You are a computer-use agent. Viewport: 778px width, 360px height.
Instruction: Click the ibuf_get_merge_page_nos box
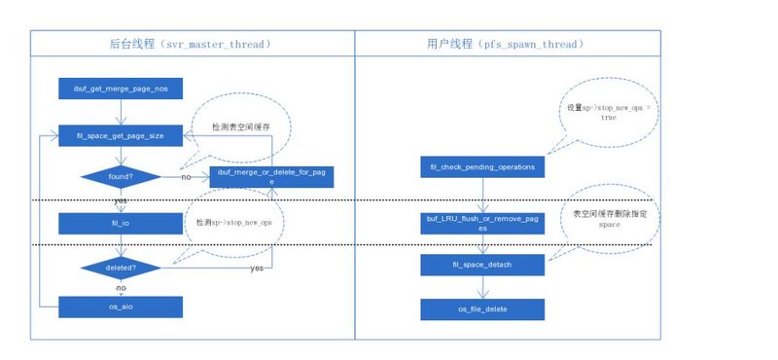click(x=120, y=90)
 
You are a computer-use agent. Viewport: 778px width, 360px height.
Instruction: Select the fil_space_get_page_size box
click(x=120, y=135)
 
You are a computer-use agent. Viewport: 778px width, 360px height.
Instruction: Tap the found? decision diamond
click(x=120, y=177)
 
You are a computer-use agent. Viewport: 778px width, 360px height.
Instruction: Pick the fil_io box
click(x=120, y=223)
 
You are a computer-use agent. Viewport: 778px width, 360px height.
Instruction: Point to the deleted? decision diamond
click(x=120, y=266)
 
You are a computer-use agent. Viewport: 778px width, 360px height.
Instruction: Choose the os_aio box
click(x=120, y=306)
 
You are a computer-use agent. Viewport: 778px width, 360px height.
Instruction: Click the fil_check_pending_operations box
click(x=482, y=167)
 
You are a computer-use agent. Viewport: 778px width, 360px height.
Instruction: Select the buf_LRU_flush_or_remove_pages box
click(x=482, y=223)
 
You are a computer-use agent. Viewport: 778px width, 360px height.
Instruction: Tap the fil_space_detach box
click(x=482, y=265)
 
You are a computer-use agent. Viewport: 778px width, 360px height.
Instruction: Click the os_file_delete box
click(x=482, y=308)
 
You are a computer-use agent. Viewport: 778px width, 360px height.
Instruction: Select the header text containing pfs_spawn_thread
click(x=506, y=44)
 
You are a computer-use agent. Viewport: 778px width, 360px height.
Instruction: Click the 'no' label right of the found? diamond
click(x=185, y=178)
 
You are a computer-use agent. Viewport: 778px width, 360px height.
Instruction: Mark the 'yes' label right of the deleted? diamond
click(x=257, y=267)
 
